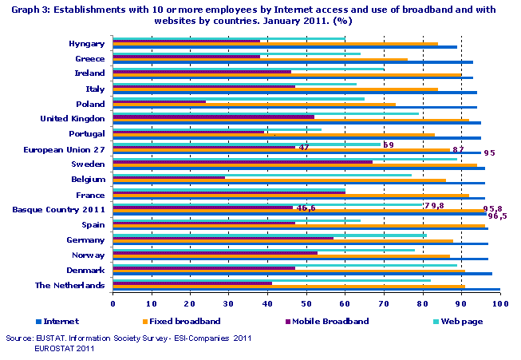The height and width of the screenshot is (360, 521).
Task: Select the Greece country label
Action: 90,58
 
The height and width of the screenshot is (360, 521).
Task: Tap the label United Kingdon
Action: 73,118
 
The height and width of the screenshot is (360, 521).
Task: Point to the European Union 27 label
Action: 65,148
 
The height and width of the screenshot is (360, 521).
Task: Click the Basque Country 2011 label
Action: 59,209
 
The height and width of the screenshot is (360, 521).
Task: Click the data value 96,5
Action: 497,216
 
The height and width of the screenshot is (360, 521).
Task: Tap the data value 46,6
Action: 306,208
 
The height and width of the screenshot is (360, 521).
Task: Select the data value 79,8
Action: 434,205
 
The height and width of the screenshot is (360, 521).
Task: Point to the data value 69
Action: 389,144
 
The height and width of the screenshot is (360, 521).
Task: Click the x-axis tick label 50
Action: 306,303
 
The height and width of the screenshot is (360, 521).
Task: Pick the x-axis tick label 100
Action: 500,303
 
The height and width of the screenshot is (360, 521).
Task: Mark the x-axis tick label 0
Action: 113,303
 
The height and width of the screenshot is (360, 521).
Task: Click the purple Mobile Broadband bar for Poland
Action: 160,102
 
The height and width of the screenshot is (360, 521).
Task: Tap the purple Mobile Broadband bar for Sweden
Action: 243,162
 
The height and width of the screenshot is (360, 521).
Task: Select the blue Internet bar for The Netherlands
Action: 306,290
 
